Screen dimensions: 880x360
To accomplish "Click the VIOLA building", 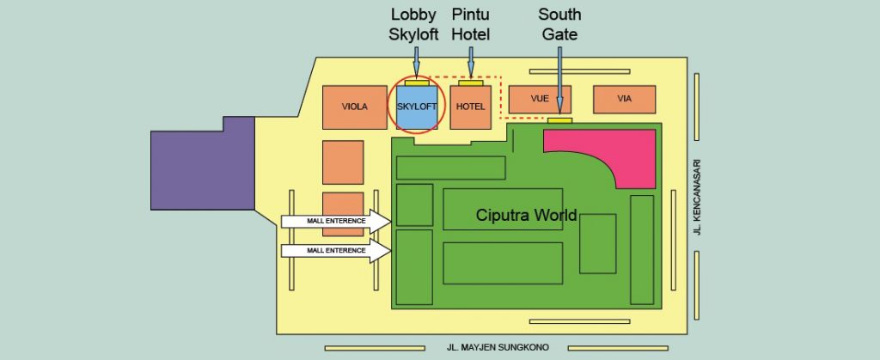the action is (355, 107).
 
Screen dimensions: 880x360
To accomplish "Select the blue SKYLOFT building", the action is (417, 107).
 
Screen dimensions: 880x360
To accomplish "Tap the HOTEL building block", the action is (470, 107).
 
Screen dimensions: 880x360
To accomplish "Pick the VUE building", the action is (540, 100).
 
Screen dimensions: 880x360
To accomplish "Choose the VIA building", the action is (624, 100).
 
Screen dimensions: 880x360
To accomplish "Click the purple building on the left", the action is (203, 163).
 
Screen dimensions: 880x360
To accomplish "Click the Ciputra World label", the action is (527, 216).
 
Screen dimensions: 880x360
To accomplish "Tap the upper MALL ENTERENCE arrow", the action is (336, 222).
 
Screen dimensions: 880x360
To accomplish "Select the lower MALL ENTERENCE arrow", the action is (336, 251).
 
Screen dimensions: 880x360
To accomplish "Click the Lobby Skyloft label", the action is (413, 25).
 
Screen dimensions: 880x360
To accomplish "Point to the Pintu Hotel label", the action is (471, 25).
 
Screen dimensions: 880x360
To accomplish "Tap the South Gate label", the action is (559, 25).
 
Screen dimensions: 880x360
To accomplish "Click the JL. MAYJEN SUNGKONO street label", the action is (498, 348).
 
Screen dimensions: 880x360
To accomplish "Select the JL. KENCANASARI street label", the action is (698, 198).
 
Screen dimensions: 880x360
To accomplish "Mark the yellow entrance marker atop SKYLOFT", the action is (417, 83).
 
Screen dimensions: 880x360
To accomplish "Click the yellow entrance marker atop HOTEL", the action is (470, 83).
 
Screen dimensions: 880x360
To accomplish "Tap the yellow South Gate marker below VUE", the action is (559, 120).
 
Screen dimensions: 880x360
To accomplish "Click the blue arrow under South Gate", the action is (559, 80).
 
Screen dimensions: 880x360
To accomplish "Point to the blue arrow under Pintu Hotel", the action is (471, 62).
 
